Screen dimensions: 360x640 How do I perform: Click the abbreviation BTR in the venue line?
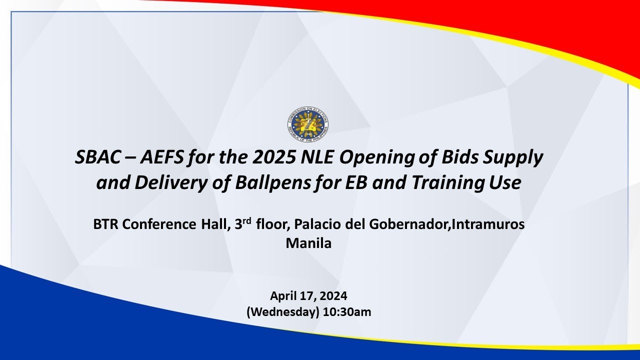106,224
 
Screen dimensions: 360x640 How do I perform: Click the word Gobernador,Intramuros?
446,224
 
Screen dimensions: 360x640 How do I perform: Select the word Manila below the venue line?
308,243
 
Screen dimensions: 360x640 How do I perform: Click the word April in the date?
283,295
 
